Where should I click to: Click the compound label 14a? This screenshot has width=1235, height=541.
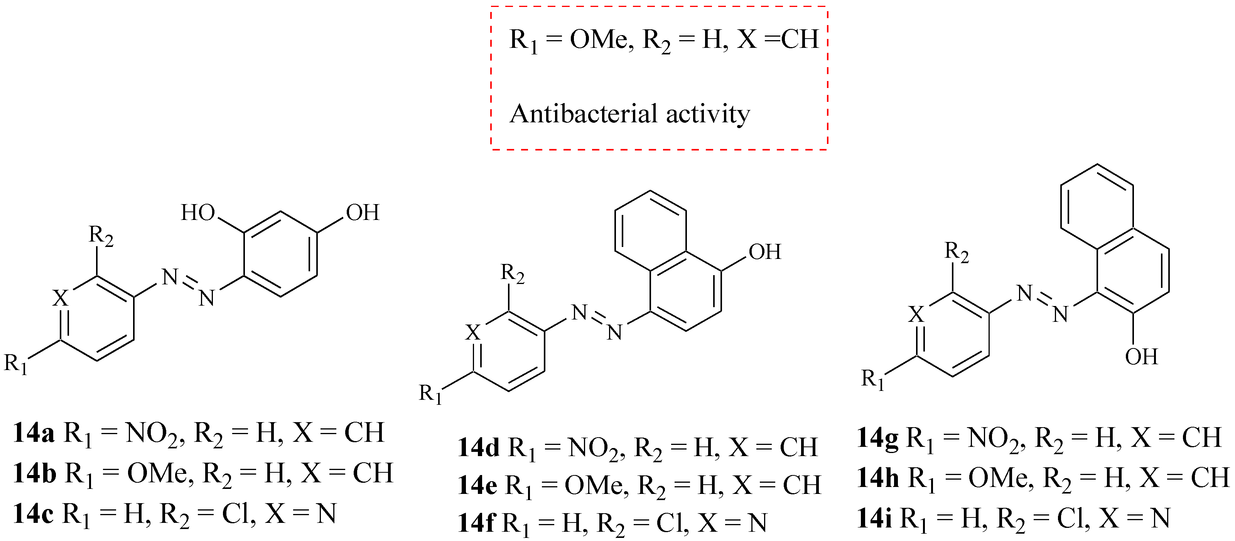pyautogui.click(x=34, y=433)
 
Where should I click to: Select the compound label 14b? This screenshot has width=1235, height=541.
pyautogui.click(x=34, y=473)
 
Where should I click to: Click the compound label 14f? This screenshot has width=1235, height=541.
pyautogui.click(x=476, y=523)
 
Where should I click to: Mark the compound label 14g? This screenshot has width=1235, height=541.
pyautogui.click(x=878, y=438)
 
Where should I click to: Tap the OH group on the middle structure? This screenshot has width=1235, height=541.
pyautogui.click(x=765, y=252)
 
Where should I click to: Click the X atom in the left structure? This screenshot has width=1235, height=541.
pyautogui.click(x=61, y=298)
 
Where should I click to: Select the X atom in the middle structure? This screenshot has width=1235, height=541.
pyautogui.click(x=473, y=332)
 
